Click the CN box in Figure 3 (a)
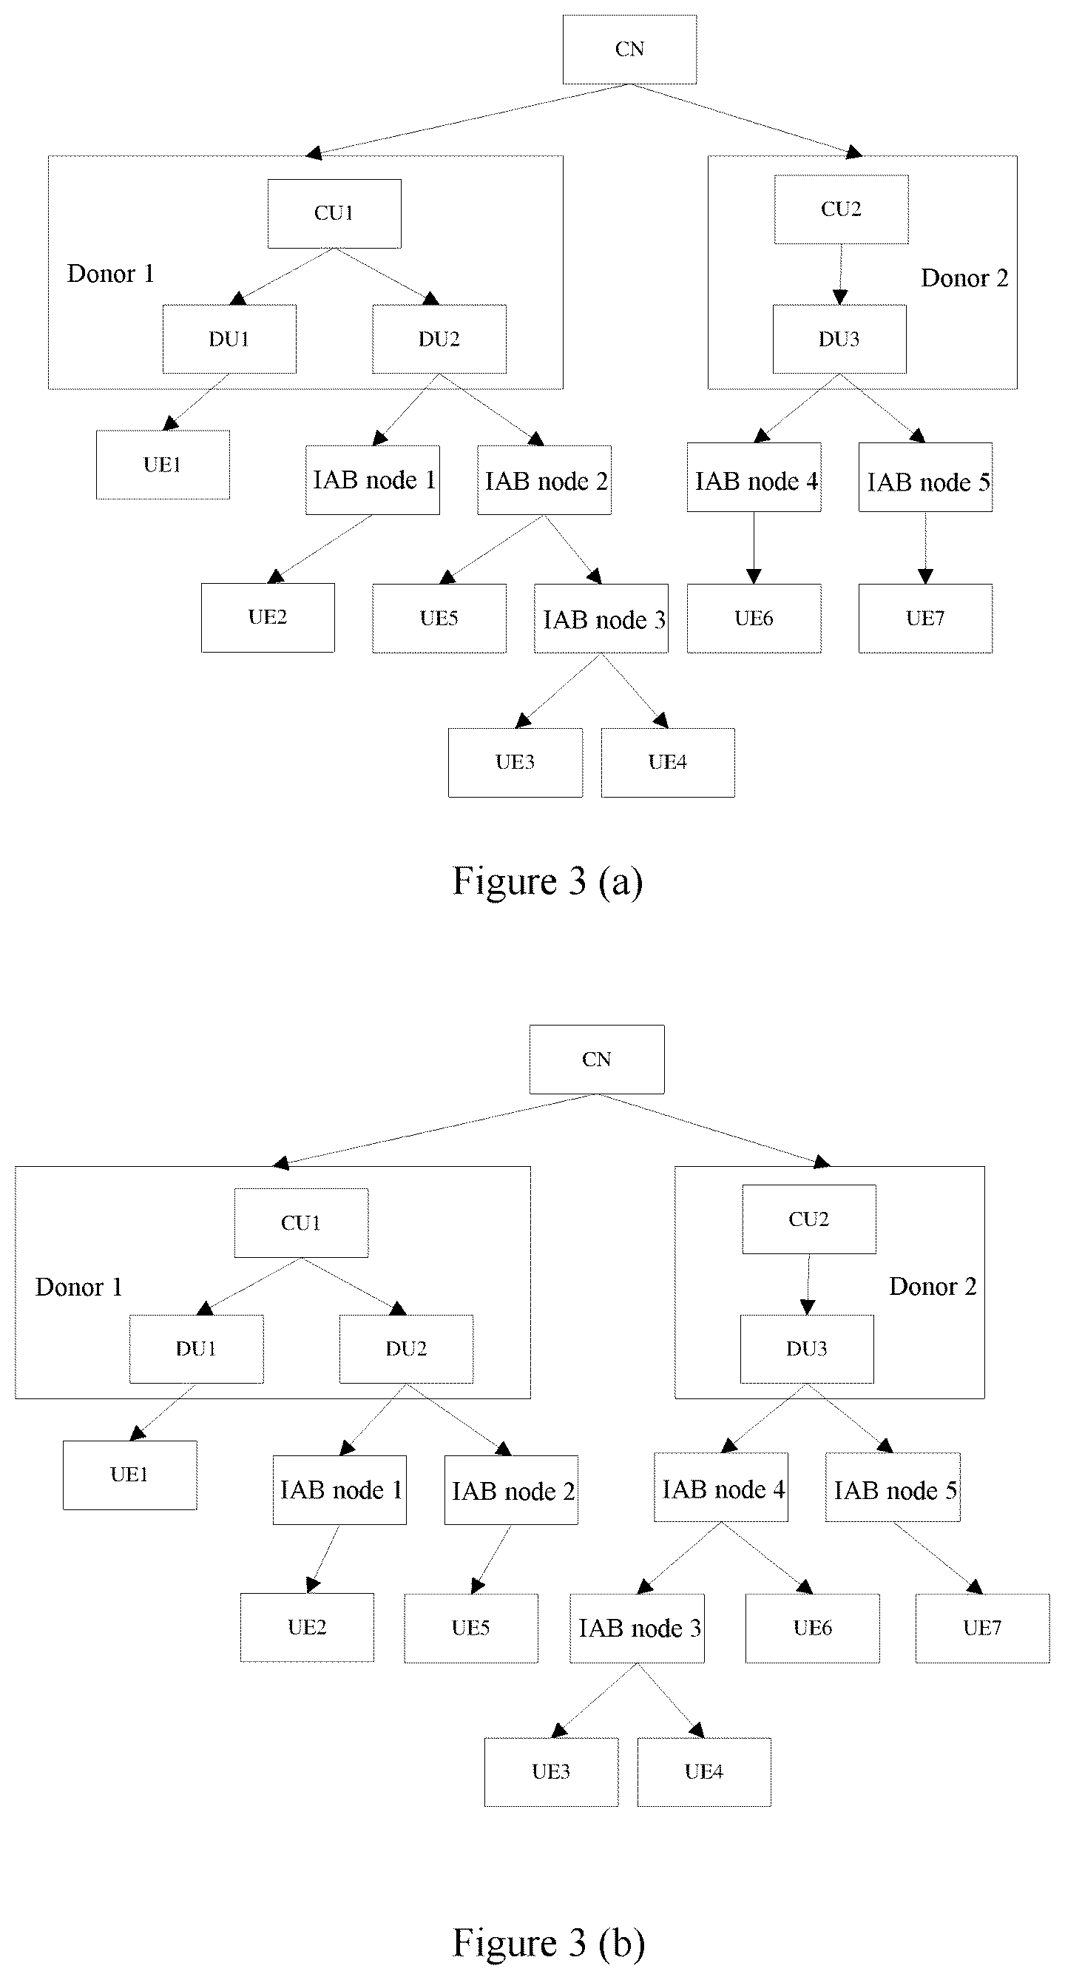(629, 49)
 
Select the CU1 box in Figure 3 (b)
(301, 1223)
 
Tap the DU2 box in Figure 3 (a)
(439, 339)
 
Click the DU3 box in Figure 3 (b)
(807, 1349)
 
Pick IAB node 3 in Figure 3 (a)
(601, 619)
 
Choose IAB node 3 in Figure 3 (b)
(637, 1628)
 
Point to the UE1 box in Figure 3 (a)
(163, 464)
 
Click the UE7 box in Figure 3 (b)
(982, 1628)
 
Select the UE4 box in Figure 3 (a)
(668, 763)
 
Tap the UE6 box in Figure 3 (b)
(812, 1628)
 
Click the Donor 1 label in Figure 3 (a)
(111, 274)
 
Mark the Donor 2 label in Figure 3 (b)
(933, 1286)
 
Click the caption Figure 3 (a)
(548, 880)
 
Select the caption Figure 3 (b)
(549, 1943)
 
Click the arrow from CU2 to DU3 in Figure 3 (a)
(841, 275)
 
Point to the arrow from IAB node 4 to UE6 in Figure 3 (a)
(754, 548)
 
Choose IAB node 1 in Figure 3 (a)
(373, 479)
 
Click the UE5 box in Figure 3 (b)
(471, 1628)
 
